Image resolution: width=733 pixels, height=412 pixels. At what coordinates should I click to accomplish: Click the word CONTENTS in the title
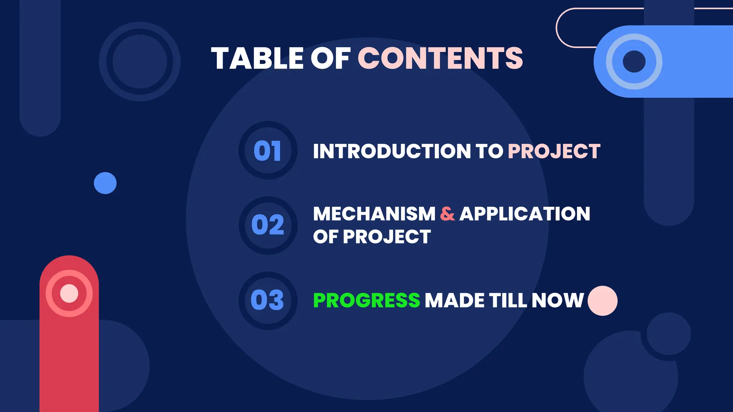(x=440, y=58)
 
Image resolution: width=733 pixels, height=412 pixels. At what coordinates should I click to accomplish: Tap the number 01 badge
(x=268, y=151)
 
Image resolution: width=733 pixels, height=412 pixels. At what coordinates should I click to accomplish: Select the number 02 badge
(x=268, y=225)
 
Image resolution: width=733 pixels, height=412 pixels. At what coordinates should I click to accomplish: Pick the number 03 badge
(x=268, y=300)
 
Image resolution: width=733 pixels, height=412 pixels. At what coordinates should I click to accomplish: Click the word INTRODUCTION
(x=392, y=151)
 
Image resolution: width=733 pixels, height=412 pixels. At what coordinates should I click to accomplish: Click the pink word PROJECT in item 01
(x=554, y=151)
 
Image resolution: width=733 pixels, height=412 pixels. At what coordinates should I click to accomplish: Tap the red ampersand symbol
(x=447, y=214)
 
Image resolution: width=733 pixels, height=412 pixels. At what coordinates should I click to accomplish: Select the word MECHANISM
(x=374, y=214)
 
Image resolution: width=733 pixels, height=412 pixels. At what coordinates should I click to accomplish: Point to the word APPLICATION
(x=525, y=214)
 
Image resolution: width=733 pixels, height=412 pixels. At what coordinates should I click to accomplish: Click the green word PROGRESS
(x=366, y=300)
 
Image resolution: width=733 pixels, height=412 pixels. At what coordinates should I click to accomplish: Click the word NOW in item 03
(x=558, y=300)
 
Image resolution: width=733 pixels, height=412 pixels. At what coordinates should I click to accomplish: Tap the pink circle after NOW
(x=602, y=301)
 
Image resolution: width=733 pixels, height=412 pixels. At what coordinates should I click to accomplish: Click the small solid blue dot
(x=105, y=183)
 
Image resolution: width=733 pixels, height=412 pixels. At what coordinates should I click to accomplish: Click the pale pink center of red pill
(x=69, y=293)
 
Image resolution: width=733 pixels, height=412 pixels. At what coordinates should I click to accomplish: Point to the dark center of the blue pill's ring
(x=634, y=62)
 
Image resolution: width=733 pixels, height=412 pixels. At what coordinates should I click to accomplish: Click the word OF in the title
(x=330, y=58)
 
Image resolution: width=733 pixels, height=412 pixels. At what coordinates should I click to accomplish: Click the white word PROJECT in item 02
(x=387, y=237)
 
